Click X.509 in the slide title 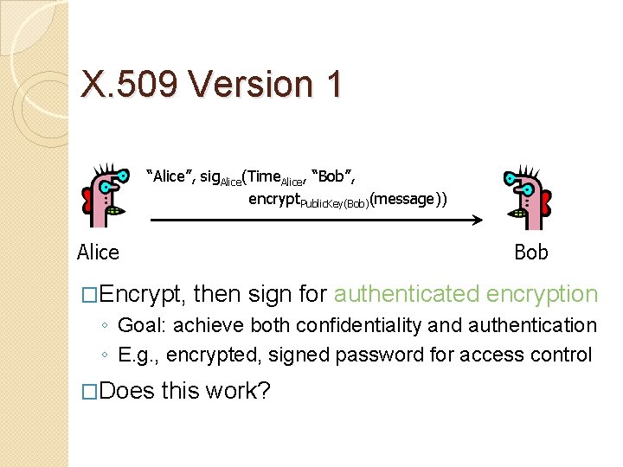click(x=129, y=84)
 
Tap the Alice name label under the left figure click(x=98, y=252)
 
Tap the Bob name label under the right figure click(x=531, y=252)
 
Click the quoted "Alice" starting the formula click(x=169, y=176)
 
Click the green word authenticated click(x=406, y=294)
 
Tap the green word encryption click(x=543, y=294)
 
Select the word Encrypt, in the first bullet click(x=142, y=295)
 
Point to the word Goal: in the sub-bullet click(x=142, y=325)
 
